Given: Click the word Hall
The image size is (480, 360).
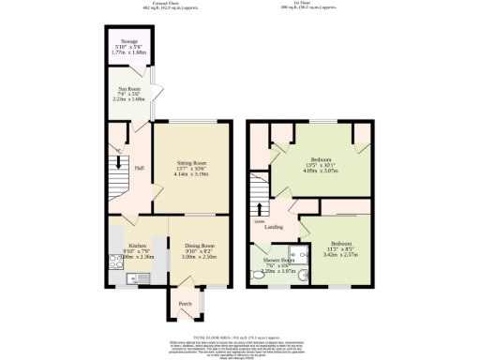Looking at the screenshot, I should (139, 168).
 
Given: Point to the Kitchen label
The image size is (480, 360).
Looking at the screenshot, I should (138, 243).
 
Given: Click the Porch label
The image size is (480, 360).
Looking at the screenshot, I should (185, 303).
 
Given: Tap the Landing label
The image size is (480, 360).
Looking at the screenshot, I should (274, 227).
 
